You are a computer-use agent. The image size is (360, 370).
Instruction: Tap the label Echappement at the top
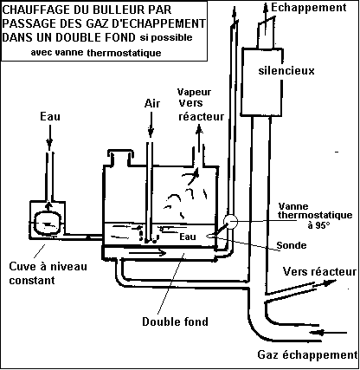tap(309, 8)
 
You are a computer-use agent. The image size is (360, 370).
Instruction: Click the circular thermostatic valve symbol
tap(231, 222)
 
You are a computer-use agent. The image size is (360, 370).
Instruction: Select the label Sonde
tap(292, 245)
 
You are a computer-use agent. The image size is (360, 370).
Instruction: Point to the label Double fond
tap(175, 321)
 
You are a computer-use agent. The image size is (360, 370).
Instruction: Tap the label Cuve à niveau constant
tap(48, 273)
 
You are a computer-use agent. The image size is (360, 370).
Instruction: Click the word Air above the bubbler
tap(152, 103)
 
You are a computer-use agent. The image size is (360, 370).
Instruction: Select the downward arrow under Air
tap(151, 125)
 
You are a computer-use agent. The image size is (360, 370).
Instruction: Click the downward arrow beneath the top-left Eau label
tap(49, 137)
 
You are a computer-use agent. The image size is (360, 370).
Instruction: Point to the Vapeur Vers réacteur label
tap(201, 104)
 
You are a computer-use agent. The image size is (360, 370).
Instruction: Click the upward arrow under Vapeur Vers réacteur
tap(199, 138)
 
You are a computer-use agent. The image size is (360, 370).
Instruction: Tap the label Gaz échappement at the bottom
tap(307, 354)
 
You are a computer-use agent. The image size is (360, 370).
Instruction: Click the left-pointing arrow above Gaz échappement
tap(329, 333)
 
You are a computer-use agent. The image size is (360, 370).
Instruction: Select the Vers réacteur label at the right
tap(319, 272)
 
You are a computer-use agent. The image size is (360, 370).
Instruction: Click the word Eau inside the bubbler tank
tap(188, 237)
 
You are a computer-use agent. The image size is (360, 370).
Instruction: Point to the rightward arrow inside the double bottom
tap(147, 253)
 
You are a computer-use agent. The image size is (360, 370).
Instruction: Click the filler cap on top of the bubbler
tap(119, 158)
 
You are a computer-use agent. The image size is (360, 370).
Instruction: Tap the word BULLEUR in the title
tap(112, 10)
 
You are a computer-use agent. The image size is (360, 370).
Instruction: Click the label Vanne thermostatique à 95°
tap(315, 216)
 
